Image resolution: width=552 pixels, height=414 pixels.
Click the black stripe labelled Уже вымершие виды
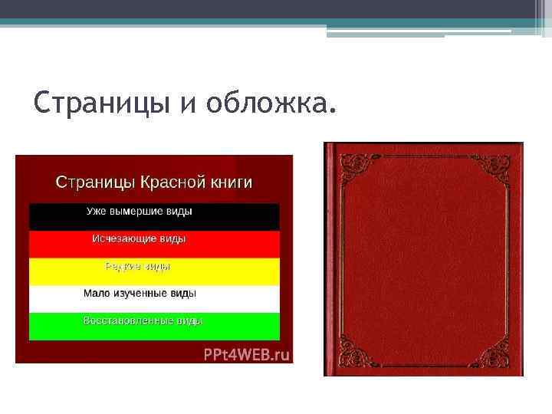click(x=154, y=217)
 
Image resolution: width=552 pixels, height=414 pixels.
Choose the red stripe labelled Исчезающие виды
click(x=154, y=244)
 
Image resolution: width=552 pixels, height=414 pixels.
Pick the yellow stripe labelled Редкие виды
click(x=154, y=271)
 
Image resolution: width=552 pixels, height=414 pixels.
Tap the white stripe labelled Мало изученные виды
click(x=154, y=299)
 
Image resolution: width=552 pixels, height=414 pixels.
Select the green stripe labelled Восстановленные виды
click(x=154, y=326)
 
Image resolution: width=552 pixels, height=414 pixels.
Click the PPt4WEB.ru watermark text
click(x=246, y=354)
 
